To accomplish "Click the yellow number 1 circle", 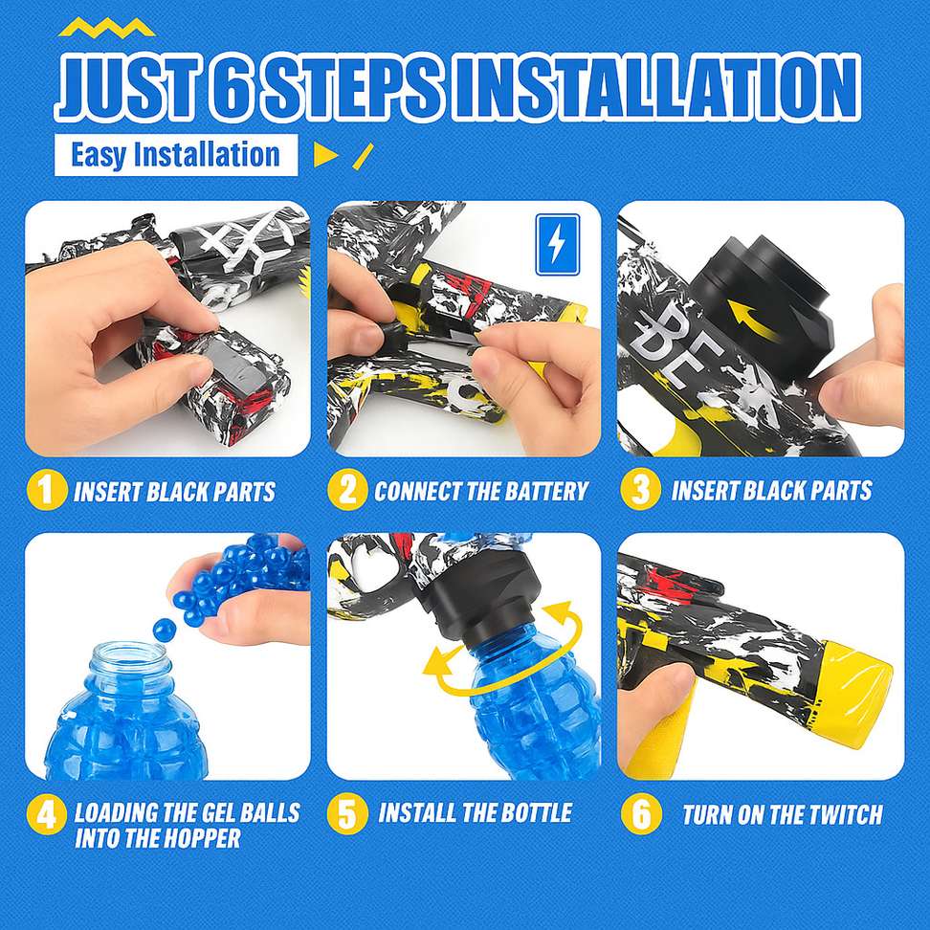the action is [x=47, y=489].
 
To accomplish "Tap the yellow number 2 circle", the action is [x=347, y=490].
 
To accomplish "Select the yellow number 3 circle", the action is [x=640, y=490].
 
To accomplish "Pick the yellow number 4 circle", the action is [x=46, y=814].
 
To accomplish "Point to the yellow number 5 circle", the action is [x=347, y=813].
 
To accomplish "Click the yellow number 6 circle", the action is [x=640, y=813].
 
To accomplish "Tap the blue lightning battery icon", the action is [x=558, y=245].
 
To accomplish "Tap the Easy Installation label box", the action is [x=175, y=155].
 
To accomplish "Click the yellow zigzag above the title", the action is [x=107, y=28].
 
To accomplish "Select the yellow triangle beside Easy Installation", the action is [x=324, y=154].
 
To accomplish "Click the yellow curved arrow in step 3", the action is [x=751, y=320].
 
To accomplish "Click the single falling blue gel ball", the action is [x=164, y=629].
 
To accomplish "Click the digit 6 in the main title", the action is [x=228, y=88].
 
